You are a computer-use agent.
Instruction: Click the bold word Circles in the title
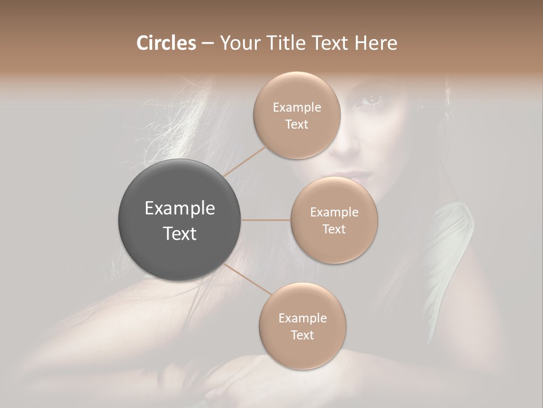click(166, 43)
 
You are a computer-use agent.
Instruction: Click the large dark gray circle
click(180, 220)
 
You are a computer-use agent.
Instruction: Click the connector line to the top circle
click(244, 161)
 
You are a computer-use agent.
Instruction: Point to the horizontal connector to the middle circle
click(265, 220)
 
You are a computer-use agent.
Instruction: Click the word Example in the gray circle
click(180, 209)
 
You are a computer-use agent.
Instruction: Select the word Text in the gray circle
click(180, 233)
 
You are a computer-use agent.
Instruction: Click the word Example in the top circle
click(297, 108)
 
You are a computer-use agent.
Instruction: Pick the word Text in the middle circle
click(334, 229)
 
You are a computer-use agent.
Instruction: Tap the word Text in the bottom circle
click(302, 335)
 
